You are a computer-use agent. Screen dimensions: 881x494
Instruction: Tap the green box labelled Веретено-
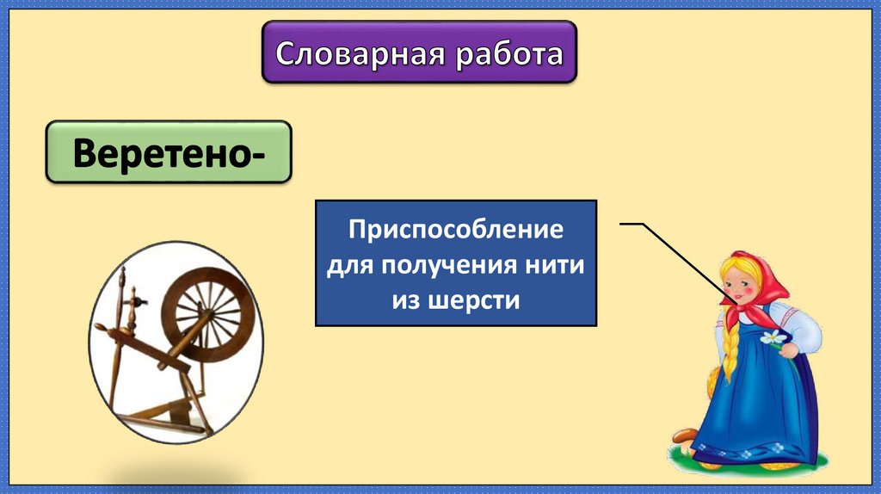[168, 152]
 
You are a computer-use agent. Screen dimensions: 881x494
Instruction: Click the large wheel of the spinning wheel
[209, 310]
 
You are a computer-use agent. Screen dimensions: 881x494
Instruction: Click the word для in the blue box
[347, 266]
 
